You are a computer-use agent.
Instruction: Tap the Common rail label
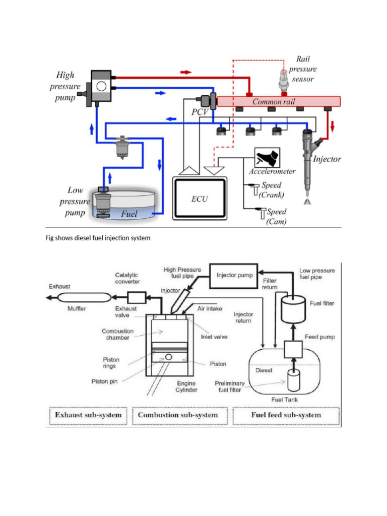coord(274,102)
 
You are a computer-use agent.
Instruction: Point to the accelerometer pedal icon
coord(267,157)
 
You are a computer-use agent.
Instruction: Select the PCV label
coord(200,112)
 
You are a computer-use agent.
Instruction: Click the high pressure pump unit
coord(101,87)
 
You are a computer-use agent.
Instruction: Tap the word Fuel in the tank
coord(129,214)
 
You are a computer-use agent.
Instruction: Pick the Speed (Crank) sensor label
coord(272,190)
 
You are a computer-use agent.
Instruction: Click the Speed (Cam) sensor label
coord(276,217)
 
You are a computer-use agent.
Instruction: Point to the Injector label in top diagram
coord(327,159)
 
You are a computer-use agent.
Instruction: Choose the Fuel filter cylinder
coord(293,309)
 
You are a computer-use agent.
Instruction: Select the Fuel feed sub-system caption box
coord(286,415)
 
